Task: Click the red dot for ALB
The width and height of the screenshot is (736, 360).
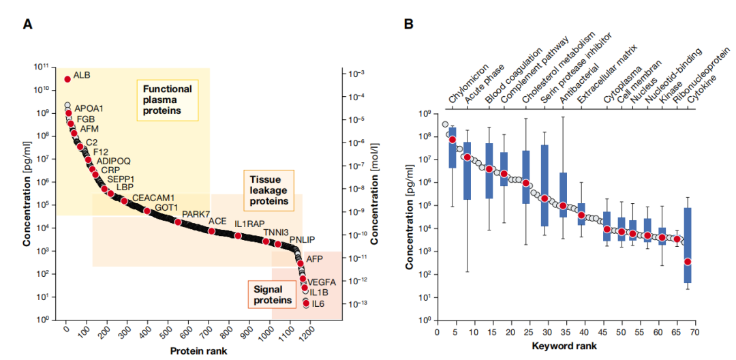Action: (x=67, y=79)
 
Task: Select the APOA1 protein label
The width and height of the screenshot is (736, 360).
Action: (x=89, y=108)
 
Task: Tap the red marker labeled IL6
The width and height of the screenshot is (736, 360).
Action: (x=307, y=303)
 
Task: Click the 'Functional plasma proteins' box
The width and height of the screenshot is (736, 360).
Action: (x=167, y=100)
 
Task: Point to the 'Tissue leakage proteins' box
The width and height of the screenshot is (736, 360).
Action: (x=265, y=189)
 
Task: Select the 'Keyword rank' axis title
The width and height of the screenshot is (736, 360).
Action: (x=565, y=346)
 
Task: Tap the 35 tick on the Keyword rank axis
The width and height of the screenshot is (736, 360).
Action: (x=563, y=332)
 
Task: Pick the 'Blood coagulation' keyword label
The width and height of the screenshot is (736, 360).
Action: (x=513, y=76)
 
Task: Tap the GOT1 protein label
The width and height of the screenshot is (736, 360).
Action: (x=166, y=207)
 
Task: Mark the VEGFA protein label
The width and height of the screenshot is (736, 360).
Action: (x=322, y=282)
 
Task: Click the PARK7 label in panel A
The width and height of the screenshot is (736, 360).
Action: (x=196, y=215)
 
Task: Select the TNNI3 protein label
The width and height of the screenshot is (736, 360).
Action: (x=276, y=232)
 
